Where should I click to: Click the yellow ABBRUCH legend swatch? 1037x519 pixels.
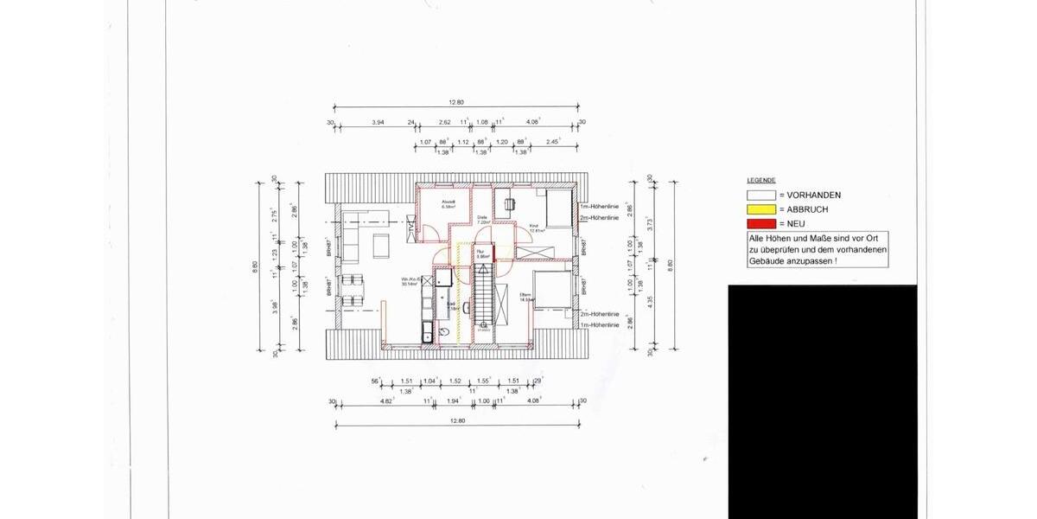(761, 209)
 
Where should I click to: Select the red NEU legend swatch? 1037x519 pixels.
(761, 223)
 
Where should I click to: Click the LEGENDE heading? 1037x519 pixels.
(761, 180)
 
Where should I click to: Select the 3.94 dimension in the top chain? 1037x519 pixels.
(378, 123)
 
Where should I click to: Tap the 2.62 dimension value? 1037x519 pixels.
(445, 123)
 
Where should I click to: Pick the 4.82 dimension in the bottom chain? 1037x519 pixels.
(388, 400)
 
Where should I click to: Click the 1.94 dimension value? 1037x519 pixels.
(455, 400)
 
